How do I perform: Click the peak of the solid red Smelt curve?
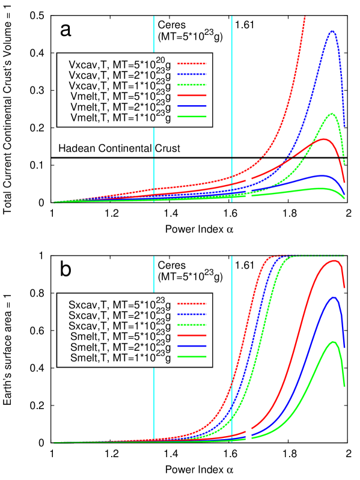coord(332,261)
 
